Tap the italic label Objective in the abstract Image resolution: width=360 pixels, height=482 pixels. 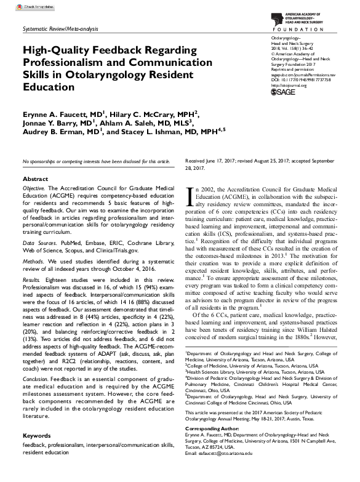pyautogui.click(x=34, y=187)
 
